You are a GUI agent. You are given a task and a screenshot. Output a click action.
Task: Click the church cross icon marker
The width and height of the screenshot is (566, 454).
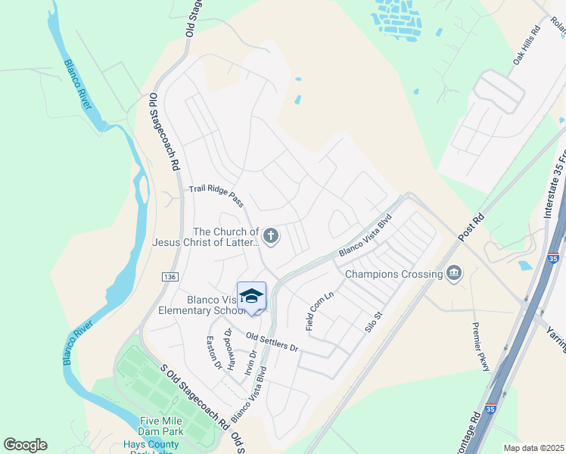coord(271,237)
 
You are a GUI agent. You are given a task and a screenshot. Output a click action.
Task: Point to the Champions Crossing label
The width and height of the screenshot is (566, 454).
coord(393,274)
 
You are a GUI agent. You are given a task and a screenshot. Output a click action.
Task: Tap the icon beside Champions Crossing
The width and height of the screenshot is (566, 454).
coord(454,272)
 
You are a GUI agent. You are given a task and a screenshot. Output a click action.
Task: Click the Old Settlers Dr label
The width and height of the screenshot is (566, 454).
coord(273,341)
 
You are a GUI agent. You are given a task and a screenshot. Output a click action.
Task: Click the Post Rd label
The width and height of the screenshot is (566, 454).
coord(471,228)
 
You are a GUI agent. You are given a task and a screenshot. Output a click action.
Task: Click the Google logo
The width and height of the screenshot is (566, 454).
coord(25,445)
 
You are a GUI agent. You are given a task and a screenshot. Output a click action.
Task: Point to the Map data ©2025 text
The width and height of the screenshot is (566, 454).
coord(533,448)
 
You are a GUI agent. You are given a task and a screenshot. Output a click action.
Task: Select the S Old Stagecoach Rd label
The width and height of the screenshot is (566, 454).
coord(194,394)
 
